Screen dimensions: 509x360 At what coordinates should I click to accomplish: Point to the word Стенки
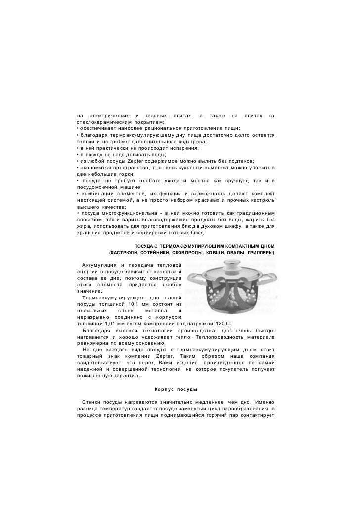coord(91,402)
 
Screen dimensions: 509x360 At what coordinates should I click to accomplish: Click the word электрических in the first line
coord(111,115)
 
